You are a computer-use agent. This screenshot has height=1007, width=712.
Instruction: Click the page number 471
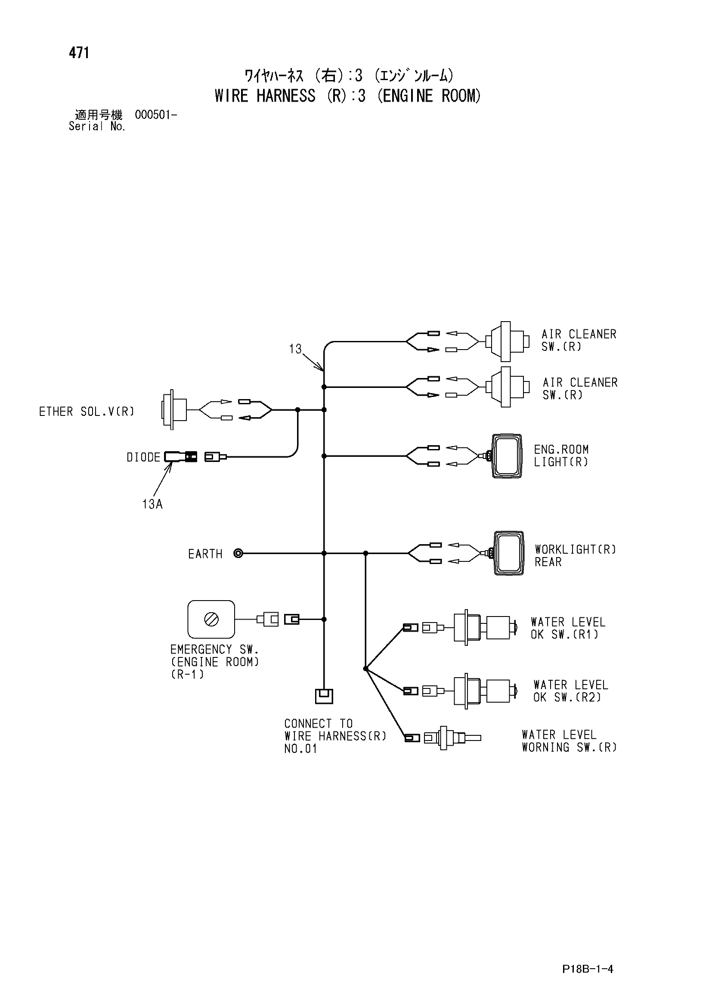tap(79, 53)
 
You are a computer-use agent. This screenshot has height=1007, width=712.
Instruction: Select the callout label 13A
tap(152, 504)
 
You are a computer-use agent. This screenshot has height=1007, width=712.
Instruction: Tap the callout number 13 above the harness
tap(295, 349)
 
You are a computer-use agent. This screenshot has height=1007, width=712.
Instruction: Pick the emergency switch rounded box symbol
tap(211, 619)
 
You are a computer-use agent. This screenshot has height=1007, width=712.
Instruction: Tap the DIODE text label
tap(143, 457)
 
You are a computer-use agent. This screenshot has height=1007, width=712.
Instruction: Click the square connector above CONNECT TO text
tap(324, 696)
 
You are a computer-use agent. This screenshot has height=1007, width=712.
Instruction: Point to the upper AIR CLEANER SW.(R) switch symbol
tap(506, 341)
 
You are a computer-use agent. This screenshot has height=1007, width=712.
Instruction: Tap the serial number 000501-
tap(156, 115)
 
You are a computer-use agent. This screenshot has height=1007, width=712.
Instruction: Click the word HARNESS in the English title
tap(286, 96)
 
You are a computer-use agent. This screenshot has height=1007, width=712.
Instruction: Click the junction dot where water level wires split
tap(365, 669)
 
